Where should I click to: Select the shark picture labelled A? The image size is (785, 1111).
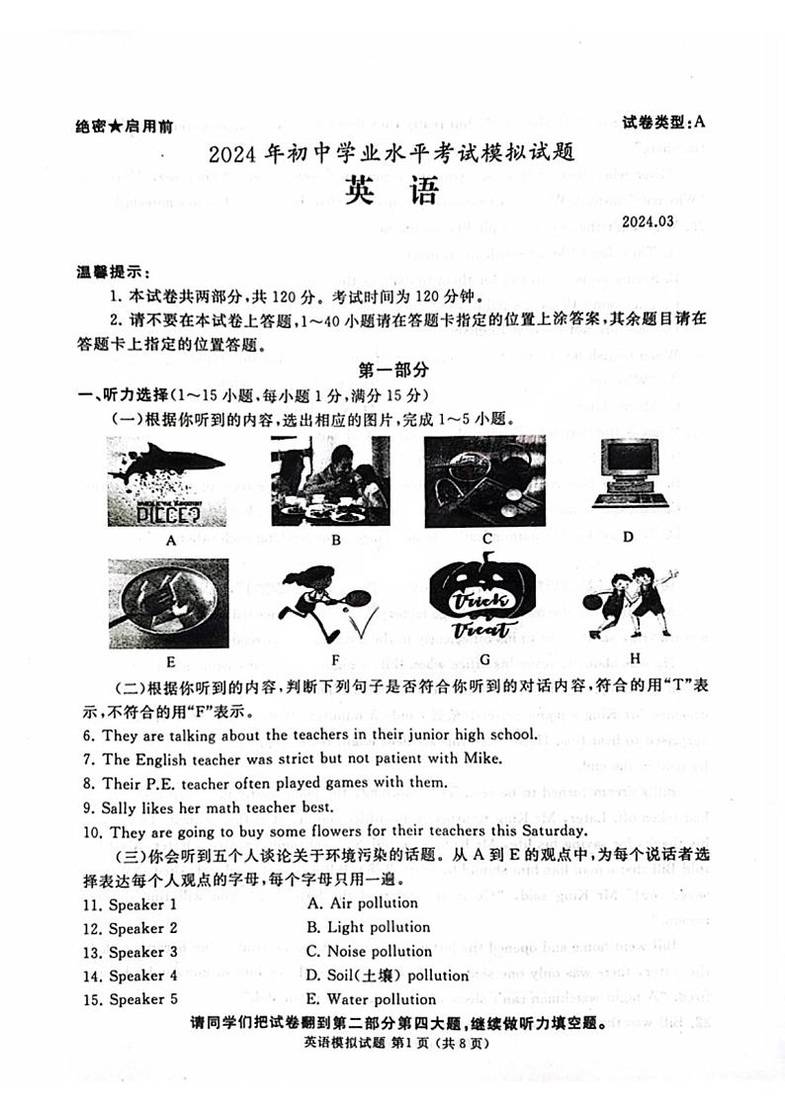pos(166,481)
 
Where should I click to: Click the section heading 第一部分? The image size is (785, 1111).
pos(392,370)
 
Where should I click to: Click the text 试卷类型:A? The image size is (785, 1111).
pos(664,122)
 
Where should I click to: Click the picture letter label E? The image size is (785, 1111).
pos(170,660)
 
